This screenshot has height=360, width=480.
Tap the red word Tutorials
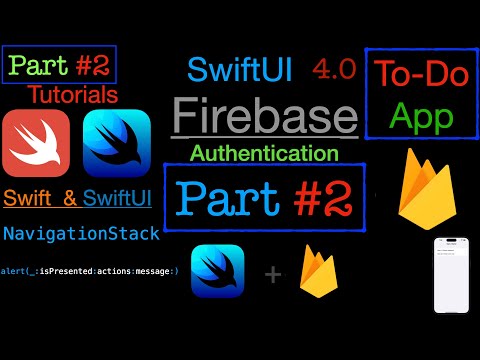click(x=72, y=95)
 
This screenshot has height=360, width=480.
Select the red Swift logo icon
click(x=37, y=143)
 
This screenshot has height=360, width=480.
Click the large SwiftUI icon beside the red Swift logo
click(x=116, y=143)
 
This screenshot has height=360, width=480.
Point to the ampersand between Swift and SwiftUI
click(x=69, y=199)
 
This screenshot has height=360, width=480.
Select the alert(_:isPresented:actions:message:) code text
click(x=89, y=272)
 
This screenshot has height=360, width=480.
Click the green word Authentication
click(x=263, y=153)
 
